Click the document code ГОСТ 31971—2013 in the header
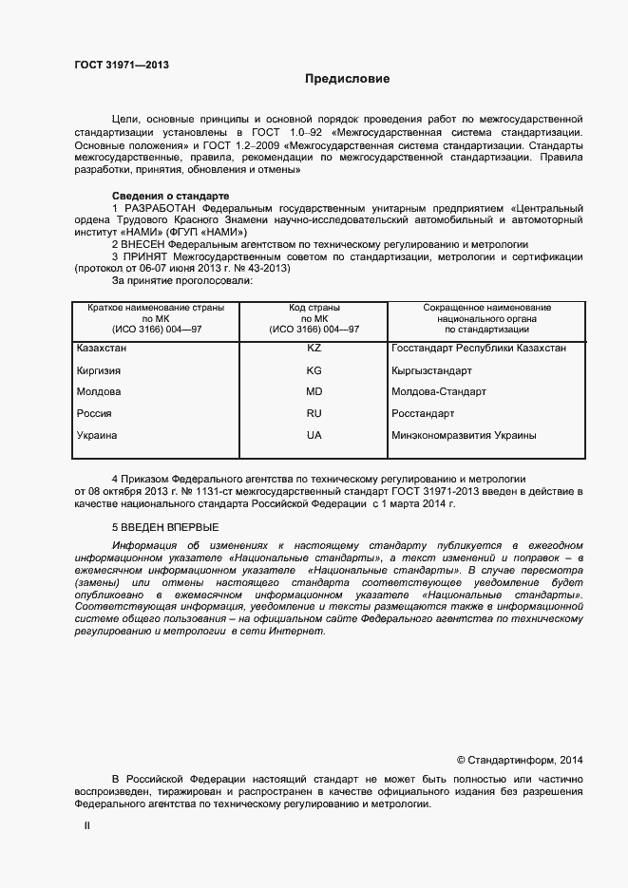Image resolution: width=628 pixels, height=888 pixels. click(122, 65)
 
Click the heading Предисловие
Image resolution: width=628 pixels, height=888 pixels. click(347, 79)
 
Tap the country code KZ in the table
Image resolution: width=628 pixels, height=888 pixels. click(314, 349)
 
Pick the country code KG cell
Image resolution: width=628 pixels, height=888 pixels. click(314, 370)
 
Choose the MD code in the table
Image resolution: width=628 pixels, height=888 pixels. click(314, 392)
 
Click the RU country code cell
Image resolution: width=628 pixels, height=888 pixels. click(314, 414)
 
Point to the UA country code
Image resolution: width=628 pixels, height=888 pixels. click(314, 436)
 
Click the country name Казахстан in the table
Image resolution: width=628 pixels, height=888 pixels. click(102, 349)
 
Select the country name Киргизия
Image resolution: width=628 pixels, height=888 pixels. click(100, 370)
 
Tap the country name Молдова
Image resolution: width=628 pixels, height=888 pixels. click(99, 392)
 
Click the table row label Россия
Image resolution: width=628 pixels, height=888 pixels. click(94, 414)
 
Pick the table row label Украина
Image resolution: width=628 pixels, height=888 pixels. click(97, 436)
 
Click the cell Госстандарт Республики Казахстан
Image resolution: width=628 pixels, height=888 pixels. click(479, 349)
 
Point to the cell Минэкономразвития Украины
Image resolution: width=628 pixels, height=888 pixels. click(464, 436)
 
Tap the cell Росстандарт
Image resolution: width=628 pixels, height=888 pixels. click(423, 414)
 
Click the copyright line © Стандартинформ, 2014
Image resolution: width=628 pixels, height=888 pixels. click(520, 760)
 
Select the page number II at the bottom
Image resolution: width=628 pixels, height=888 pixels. click(86, 827)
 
